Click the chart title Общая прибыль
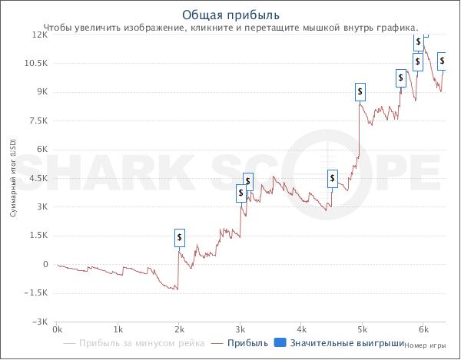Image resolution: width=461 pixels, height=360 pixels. pos(230,15)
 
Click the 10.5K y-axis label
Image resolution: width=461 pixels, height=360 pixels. pos(35,63)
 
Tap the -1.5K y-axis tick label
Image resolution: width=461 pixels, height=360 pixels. pos(35,293)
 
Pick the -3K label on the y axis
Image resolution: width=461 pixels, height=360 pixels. pos(39,322)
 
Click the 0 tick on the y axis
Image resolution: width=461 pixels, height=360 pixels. pos(45,264)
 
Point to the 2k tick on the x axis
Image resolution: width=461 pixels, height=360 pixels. pos(179,329)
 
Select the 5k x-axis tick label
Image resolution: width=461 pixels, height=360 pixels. pos(363,329)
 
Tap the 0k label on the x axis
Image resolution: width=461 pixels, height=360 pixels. pos(57,329)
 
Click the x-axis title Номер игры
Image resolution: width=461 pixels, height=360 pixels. pos(425,345)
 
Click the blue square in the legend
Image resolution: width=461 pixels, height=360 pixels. pos(280,342)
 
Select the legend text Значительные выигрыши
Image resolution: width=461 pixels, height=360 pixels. pos(347,343)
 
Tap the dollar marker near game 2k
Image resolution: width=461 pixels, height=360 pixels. pos(180,237)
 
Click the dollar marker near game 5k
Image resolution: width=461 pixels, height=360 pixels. pos(360,92)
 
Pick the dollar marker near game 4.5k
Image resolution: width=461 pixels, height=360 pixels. pos(333,179)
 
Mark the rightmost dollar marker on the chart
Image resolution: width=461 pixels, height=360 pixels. pos(442,61)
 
